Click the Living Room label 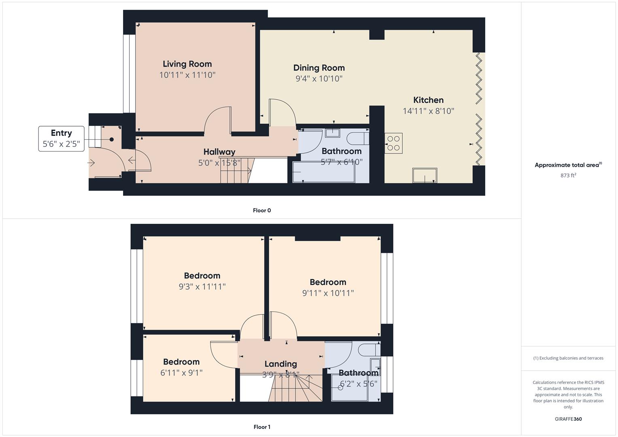[x=187, y=64]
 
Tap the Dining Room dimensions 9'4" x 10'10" [x=319, y=78]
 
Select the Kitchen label [x=428, y=100]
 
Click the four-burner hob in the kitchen [x=393, y=143]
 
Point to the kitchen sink [x=425, y=176]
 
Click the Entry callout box [x=61, y=139]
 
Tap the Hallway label [x=219, y=152]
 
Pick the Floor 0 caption [x=262, y=210]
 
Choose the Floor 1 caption [x=262, y=427]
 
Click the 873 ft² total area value [x=568, y=175]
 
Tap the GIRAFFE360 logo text [x=568, y=419]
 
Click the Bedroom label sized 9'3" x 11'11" [x=202, y=276]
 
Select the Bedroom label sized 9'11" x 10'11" [x=328, y=282]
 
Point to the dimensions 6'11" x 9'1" [x=181, y=372]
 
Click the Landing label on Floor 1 [x=280, y=364]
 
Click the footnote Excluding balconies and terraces [x=568, y=358]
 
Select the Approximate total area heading [x=567, y=165]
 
